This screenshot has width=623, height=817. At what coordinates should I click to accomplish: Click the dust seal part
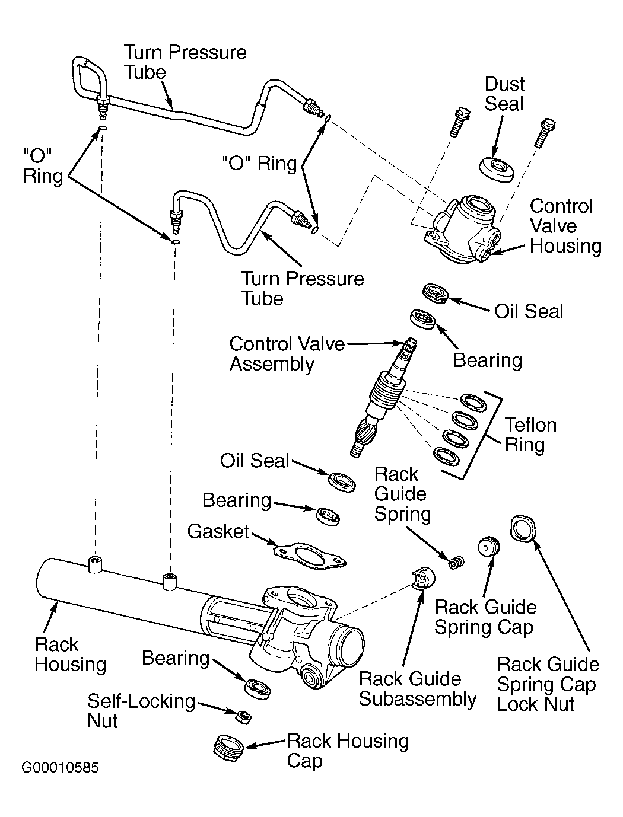click(497, 170)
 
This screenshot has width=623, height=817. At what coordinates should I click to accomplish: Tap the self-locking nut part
click(243, 716)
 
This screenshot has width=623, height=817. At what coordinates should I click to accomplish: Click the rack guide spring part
click(456, 563)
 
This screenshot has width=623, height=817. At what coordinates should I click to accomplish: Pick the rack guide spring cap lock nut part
click(523, 528)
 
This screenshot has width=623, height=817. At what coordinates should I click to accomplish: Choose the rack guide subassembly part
click(424, 578)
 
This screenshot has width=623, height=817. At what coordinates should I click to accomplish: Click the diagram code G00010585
click(60, 768)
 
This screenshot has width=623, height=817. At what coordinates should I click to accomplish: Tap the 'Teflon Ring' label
click(530, 435)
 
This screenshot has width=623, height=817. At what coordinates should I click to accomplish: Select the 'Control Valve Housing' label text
click(565, 226)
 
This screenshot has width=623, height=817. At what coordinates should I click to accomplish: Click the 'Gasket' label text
click(218, 531)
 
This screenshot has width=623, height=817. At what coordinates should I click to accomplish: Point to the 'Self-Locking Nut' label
click(141, 711)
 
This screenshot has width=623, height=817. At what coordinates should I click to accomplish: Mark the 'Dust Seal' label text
click(504, 94)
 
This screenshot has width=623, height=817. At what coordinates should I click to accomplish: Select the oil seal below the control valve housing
click(436, 293)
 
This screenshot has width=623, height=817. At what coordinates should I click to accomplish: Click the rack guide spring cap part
click(489, 546)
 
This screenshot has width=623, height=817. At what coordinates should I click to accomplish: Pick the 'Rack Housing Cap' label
click(348, 751)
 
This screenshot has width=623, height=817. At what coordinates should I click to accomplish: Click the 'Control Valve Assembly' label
click(287, 353)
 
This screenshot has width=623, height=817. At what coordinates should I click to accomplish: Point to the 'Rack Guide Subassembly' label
click(418, 689)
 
